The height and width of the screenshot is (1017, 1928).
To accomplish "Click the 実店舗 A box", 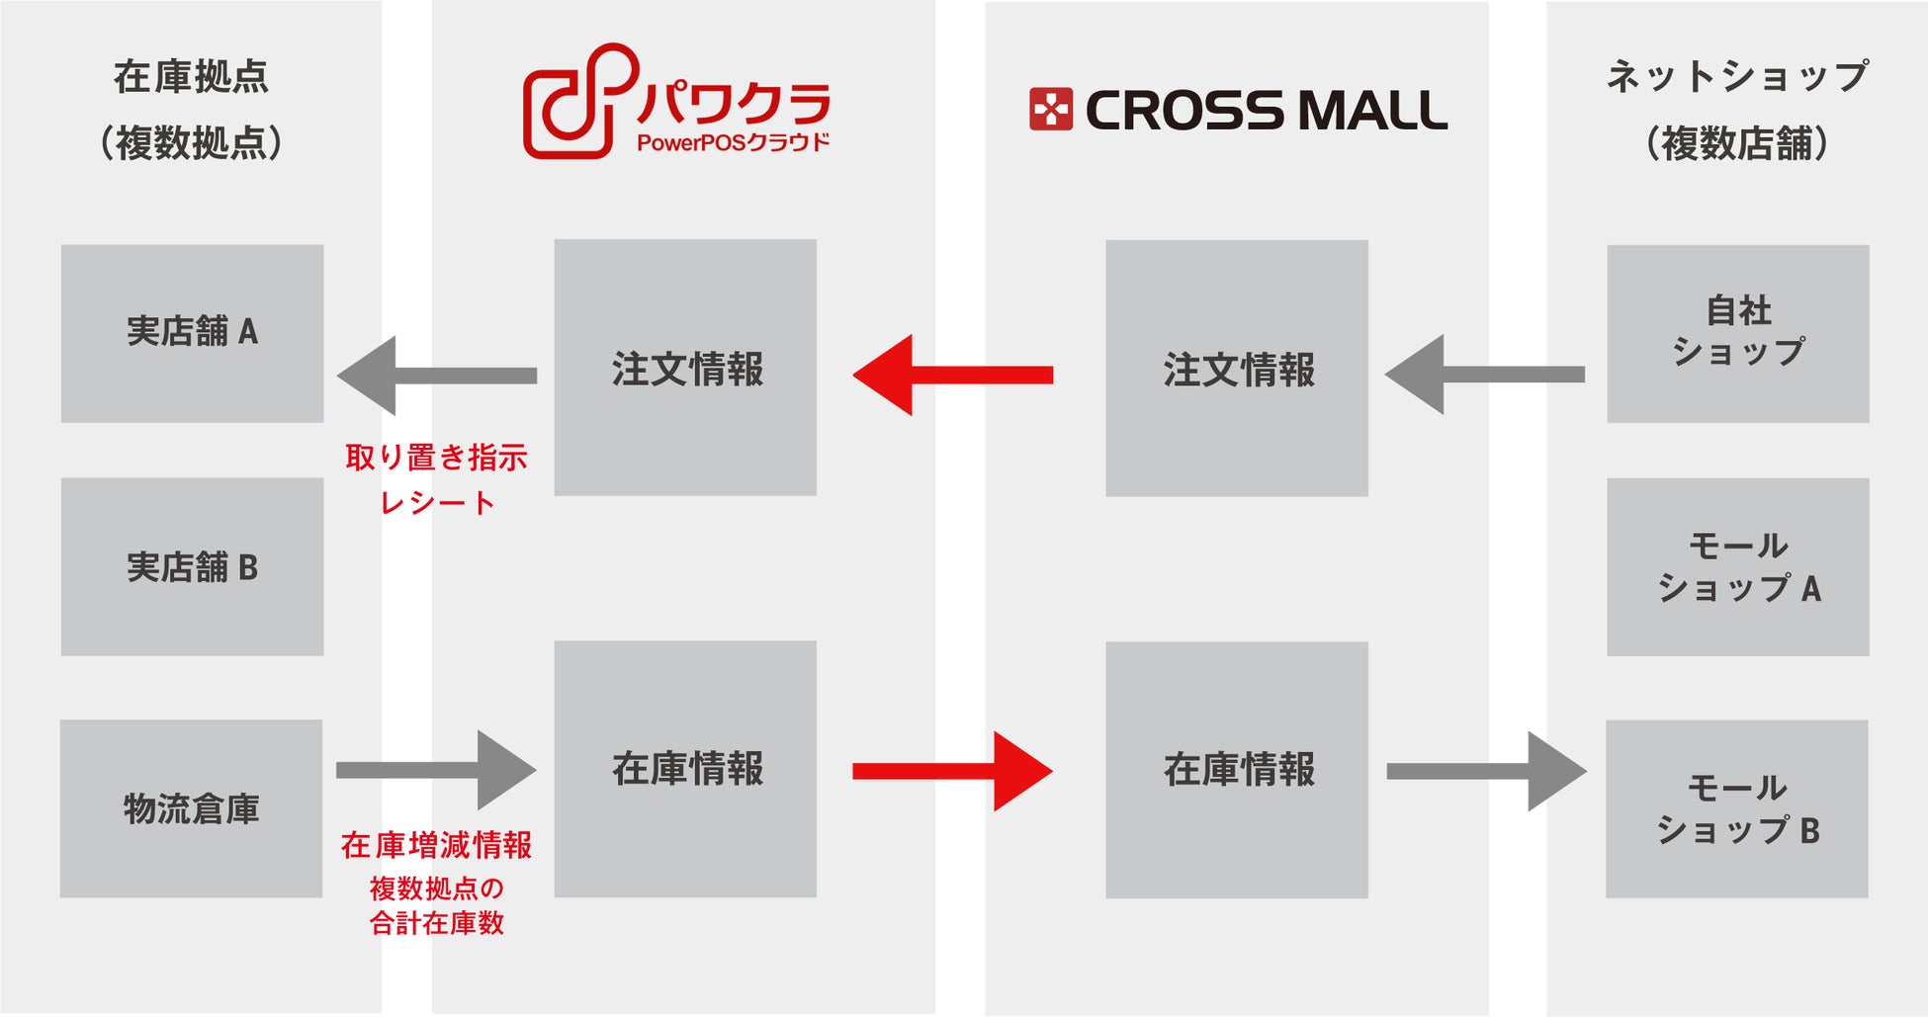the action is pos(192,333).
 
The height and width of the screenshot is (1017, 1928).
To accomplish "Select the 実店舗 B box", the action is pos(192,566).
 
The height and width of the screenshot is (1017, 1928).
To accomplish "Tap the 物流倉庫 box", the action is pos(191,808).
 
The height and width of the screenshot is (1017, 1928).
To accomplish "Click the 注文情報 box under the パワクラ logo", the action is pos(685,368).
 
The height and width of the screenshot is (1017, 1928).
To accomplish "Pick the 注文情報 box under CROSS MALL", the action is pos(1236,368).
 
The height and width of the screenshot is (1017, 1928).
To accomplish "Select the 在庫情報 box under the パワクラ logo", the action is pos(685,769).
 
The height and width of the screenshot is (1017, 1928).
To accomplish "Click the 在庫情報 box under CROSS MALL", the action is pos(1236,770).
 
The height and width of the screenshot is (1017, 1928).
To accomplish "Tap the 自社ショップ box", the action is pos(1737,333).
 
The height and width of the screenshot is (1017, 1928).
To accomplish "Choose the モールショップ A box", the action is pos(1737,566).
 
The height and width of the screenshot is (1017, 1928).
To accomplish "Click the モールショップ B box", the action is pos(1736,808).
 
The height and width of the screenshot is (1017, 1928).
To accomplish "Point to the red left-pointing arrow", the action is pos(951,375).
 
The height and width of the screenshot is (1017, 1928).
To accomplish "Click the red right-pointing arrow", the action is pos(953,771).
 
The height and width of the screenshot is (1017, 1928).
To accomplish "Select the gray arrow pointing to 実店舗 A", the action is pos(436,376).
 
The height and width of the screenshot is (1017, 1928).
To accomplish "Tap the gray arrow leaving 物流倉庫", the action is pos(436,770).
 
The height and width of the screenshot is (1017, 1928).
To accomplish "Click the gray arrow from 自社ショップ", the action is pos(1484,375).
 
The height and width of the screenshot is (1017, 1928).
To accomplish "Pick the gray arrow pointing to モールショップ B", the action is pos(1487,771).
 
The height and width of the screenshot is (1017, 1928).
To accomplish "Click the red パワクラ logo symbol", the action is pos(576,101).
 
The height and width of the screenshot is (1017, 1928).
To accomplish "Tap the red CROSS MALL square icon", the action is pos(1050,110).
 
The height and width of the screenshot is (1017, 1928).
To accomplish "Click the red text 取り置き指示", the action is pos(436,458).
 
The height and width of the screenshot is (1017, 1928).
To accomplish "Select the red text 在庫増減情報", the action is pos(436,845).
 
